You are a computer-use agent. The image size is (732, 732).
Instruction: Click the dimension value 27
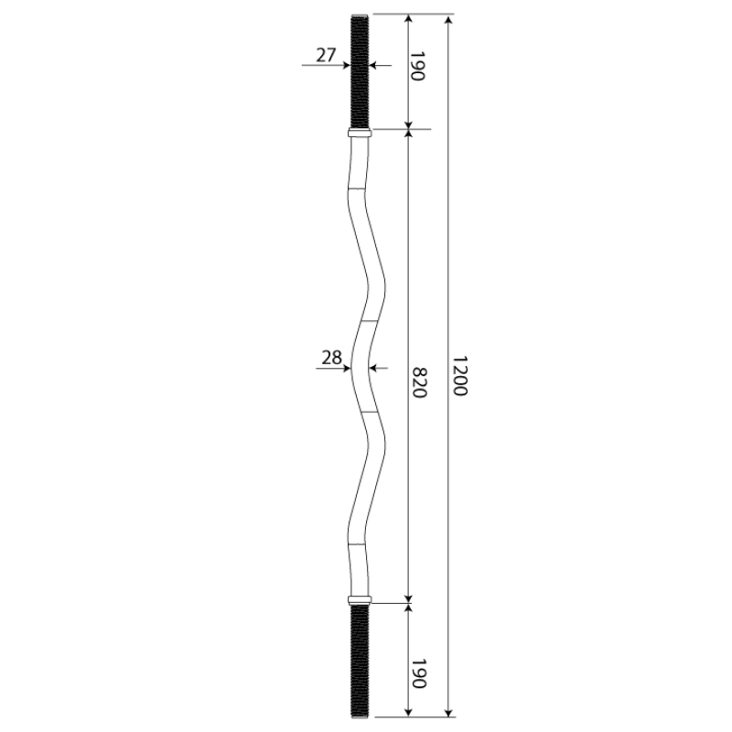326,55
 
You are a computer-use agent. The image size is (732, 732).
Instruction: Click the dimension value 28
331,358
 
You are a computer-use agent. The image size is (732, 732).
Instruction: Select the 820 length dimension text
419,382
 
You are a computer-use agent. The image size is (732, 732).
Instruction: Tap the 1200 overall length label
460,376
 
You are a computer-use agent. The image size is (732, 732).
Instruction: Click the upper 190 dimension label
417,66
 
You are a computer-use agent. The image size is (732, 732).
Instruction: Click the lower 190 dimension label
418,673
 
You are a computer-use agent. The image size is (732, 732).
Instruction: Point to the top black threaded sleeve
360,72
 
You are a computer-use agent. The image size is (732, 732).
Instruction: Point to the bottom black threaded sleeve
360,661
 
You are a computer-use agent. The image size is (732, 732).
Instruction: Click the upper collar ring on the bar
360,134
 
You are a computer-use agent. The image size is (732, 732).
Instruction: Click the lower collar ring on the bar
360,600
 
